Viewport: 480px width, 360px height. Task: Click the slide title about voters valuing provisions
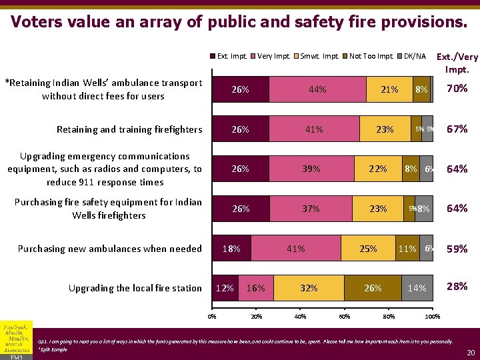239,21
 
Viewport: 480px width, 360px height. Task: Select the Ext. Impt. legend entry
228,56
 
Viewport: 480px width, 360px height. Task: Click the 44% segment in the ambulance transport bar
317,89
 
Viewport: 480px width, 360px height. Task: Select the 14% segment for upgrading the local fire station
417,289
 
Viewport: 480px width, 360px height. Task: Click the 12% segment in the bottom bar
225,289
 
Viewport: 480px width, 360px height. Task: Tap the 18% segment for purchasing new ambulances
231,249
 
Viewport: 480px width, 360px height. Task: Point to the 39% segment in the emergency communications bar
311,169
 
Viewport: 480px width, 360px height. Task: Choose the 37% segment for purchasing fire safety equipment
311,209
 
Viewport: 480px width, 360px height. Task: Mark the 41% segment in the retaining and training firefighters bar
313,129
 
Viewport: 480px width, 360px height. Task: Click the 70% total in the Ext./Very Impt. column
457,88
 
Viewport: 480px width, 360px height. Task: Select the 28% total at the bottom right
457,287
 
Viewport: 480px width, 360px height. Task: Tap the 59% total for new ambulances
457,249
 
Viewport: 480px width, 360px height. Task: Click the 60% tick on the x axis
345,317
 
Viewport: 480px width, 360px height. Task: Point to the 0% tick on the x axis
212,317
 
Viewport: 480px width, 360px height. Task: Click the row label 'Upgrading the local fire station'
135,288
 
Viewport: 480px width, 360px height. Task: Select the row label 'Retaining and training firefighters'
129,129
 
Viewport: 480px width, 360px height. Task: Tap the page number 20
469,352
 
